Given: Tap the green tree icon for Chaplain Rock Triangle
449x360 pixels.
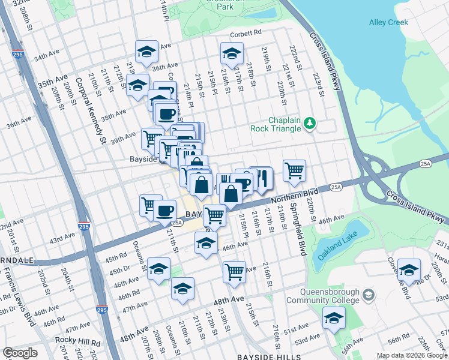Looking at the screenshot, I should pos(309,124).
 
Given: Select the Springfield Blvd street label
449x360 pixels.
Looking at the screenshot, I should pos(300,233).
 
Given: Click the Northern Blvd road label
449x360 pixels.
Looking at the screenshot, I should pos(293,198).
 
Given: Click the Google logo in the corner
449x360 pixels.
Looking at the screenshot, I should pos(20,352).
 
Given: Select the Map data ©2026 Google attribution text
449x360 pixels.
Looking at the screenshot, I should pos(412,356).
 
